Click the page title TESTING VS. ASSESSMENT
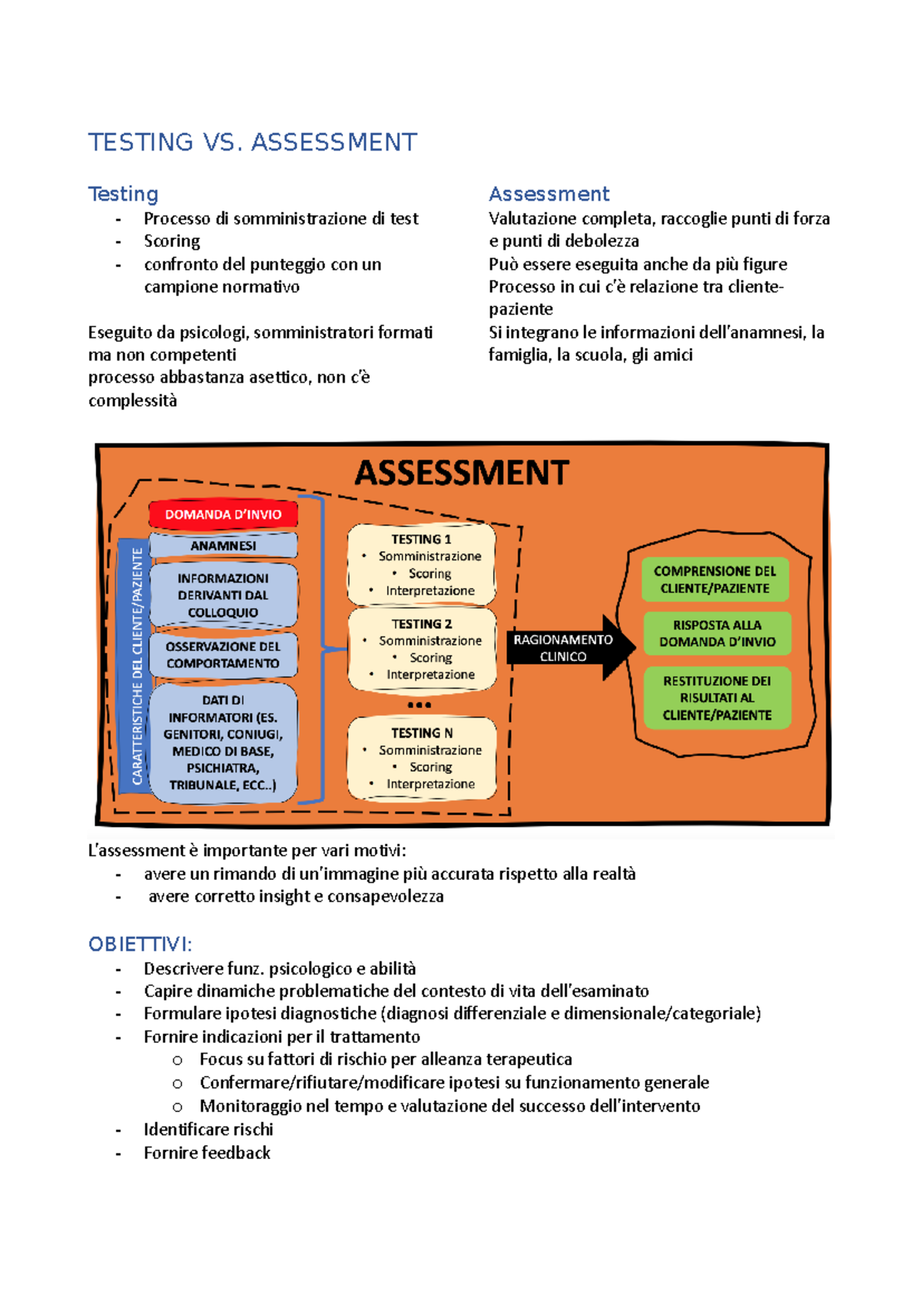click(x=252, y=142)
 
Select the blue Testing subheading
click(x=123, y=194)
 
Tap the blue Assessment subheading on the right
click(x=549, y=194)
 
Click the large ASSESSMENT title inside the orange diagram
click(x=461, y=473)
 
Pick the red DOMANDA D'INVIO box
click(x=223, y=514)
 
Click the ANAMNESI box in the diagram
click(x=223, y=546)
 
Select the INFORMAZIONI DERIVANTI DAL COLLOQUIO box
click(x=223, y=595)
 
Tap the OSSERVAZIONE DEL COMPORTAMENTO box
click(x=223, y=655)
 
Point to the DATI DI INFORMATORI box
click(x=223, y=742)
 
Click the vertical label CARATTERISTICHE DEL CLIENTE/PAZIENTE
click(x=137, y=666)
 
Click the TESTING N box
click(x=421, y=758)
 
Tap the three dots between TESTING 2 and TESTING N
click(x=420, y=705)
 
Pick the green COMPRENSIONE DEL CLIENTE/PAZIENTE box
click(x=715, y=579)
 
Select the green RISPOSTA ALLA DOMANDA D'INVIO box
click(x=717, y=633)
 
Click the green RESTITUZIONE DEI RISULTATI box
click(x=717, y=698)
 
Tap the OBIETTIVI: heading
click(x=140, y=944)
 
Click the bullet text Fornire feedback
click(x=207, y=1152)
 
